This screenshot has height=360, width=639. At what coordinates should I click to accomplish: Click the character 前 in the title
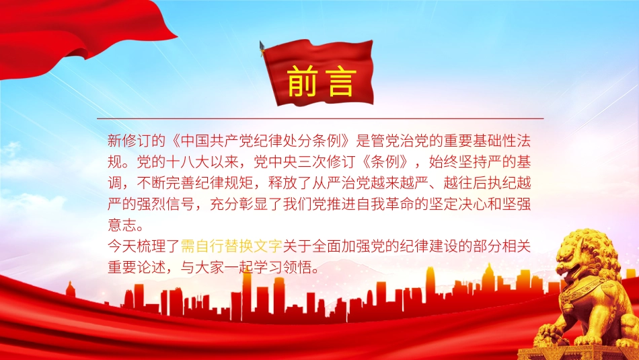(303, 81)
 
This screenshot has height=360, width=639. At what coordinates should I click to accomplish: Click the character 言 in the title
(340, 81)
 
